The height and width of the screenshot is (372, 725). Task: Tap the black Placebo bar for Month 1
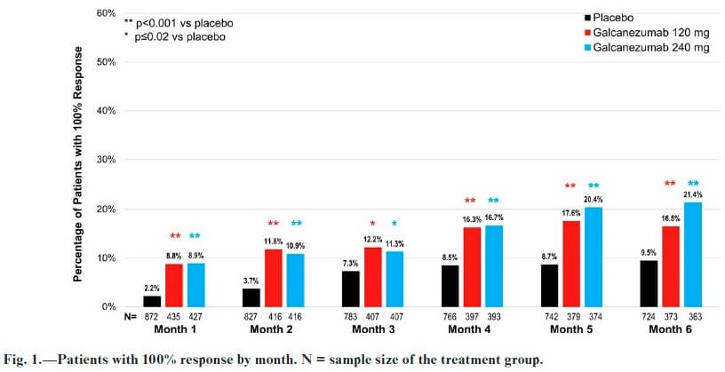coord(152,301)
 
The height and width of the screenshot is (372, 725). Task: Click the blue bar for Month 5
coord(593,257)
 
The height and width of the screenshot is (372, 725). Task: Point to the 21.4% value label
coord(693,194)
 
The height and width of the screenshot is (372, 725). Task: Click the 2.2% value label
coord(152,289)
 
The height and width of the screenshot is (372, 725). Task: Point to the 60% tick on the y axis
coord(105,13)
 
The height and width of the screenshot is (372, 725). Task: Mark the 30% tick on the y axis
coord(105,160)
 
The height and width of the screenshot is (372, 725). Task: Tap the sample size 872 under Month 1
coord(152,317)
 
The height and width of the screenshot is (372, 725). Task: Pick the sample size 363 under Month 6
coord(693,317)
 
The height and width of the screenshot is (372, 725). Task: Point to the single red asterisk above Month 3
coord(372,224)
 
